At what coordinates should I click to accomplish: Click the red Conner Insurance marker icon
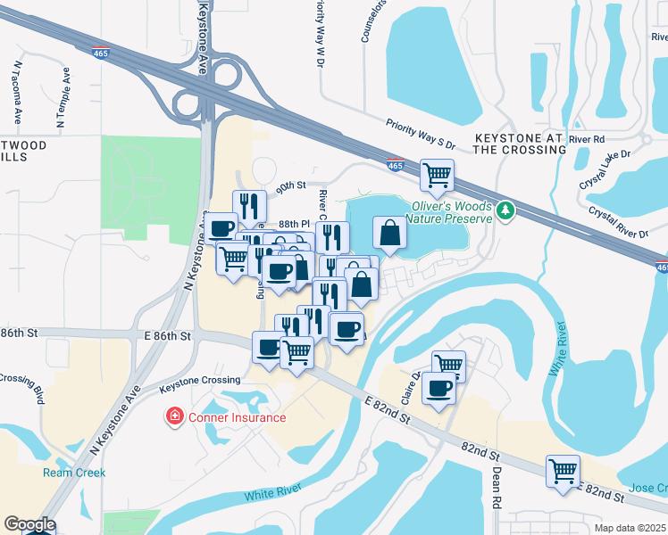click(174, 416)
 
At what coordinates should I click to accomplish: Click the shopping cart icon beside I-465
click(437, 175)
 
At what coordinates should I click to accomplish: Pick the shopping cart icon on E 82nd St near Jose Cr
click(563, 470)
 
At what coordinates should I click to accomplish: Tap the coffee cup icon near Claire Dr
click(438, 389)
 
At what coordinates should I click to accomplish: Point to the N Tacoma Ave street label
click(17, 93)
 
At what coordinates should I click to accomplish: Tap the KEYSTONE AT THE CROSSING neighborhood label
click(520, 144)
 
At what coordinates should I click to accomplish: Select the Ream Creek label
click(74, 473)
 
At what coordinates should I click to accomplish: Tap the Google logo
click(29, 523)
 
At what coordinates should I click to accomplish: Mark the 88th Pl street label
click(292, 224)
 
